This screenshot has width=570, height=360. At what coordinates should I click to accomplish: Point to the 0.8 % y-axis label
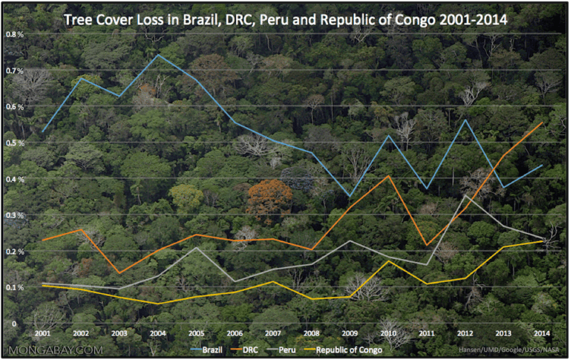(x=14, y=35)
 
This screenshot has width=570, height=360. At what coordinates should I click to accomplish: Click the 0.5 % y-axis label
(x=14, y=143)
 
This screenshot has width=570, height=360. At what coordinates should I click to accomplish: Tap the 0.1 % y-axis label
(x=14, y=287)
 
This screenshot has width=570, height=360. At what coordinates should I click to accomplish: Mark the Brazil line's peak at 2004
(x=158, y=55)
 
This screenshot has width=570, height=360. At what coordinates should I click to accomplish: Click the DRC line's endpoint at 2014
(x=543, y=122)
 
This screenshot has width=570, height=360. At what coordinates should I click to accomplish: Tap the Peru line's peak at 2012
(x=465, y=195)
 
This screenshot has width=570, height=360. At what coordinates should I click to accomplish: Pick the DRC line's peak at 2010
(x=388, y=176)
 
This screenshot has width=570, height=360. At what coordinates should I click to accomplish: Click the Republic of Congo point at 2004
(x=158, y=304)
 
